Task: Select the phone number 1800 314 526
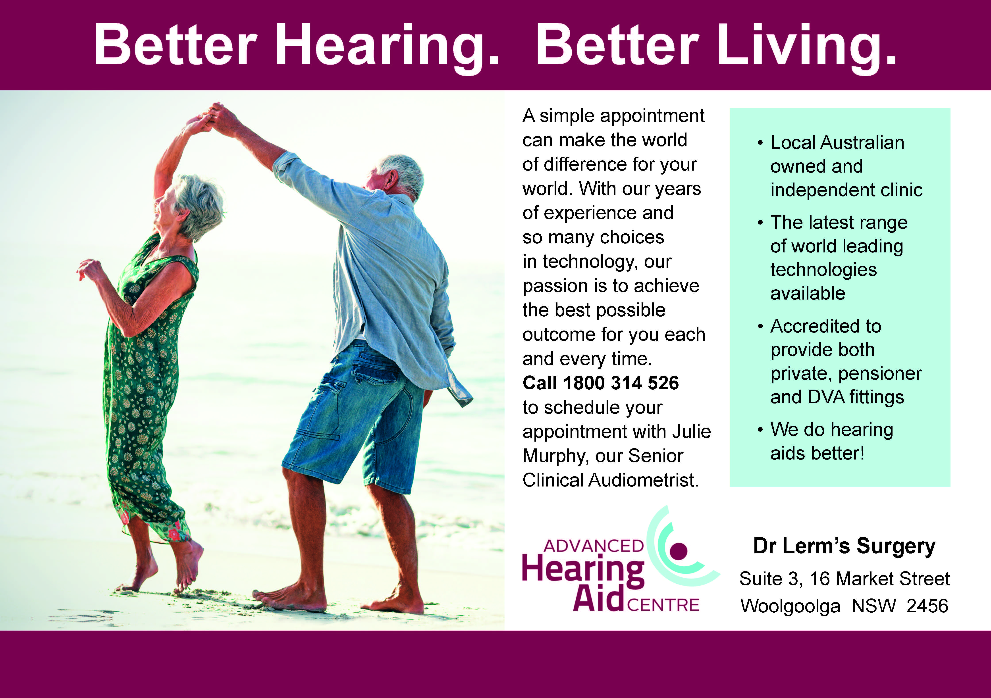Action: tap(621, 383)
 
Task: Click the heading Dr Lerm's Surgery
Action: tap(844, 546)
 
